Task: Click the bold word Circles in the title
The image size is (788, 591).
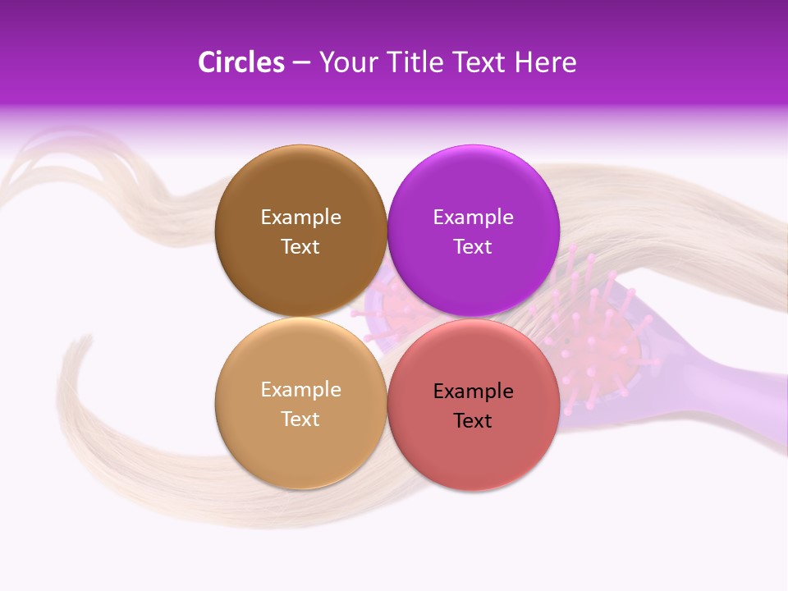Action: point(241,62)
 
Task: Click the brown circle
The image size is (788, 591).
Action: point(300,189)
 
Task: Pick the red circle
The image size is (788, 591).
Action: point(473,451)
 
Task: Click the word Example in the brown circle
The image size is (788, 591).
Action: point(300,217)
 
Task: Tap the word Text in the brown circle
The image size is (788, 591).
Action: point(300,246)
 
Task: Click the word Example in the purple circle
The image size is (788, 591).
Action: point(473,217)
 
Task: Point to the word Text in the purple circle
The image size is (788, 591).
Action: point(473,246)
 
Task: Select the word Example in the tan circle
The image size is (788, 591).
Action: point(300,389)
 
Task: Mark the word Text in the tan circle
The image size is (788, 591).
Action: point(300,419)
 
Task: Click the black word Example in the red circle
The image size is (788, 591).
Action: point(473,391)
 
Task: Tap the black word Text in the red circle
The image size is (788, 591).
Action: point(473,420)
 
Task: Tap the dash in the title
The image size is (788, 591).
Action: point(301,63)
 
